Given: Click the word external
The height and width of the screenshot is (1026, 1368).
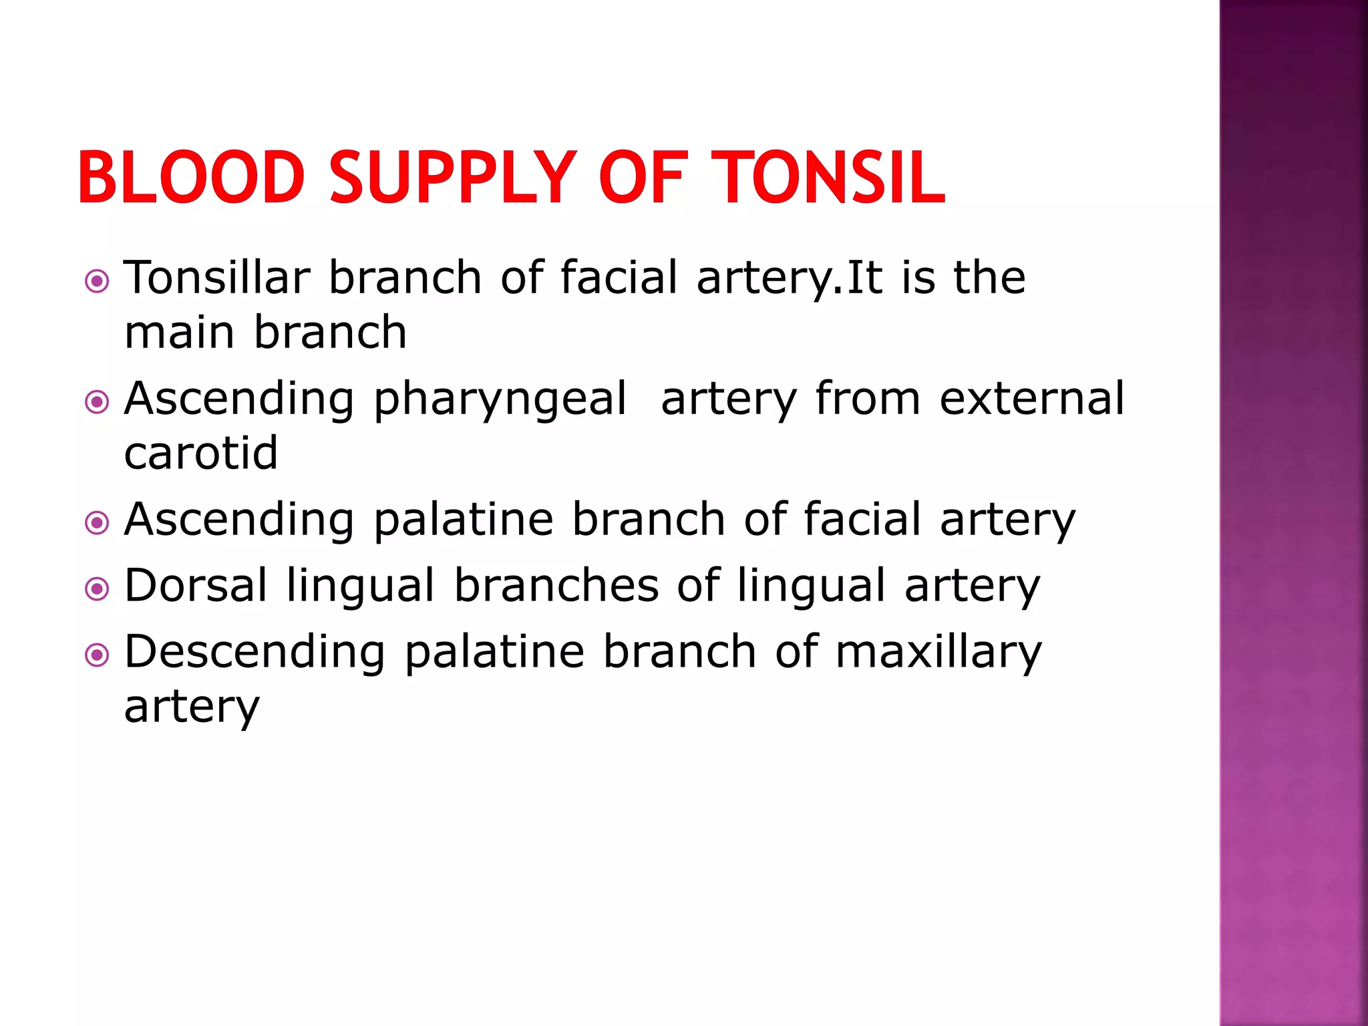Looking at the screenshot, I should click(x=1032, y=399).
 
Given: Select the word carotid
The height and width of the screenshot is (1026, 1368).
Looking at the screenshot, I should click(x=201, y=453).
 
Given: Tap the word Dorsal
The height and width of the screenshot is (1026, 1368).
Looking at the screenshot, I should click(x=196, y=585).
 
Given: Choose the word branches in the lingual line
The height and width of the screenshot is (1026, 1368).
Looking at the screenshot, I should click(x=556, y=585).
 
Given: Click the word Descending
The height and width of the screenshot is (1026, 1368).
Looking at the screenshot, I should click(x=254, y=652).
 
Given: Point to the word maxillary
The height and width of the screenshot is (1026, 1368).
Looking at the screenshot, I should click(x=938, y=653).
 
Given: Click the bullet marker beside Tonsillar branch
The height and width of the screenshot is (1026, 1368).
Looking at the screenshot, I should click(x=98, y=281).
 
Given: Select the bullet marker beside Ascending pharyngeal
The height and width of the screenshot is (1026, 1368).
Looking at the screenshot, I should click(x=98, y=402).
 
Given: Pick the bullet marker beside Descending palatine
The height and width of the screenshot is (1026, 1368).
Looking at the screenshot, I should click(x=98, y=655).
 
